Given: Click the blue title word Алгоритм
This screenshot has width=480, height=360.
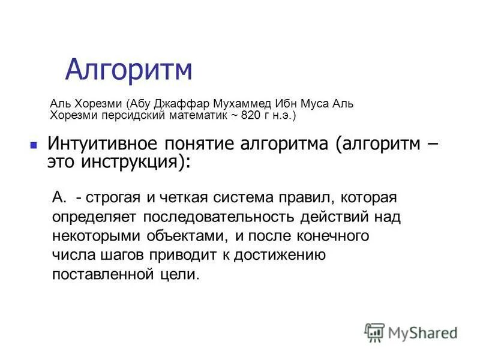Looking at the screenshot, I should click(x=128, y=70).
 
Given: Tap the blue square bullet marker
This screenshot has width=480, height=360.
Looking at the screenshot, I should click(x=34, y=145).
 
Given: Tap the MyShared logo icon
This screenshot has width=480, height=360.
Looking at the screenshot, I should click(x=374, y=332).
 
